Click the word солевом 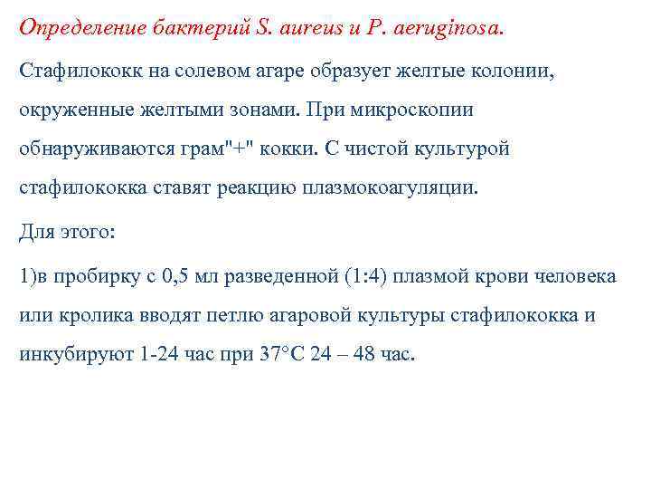[x=179, y=70]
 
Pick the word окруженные [x=73, y=109]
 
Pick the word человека [x=576, y=275]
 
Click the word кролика [x=90, y=315]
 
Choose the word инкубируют [x=76, y=354]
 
